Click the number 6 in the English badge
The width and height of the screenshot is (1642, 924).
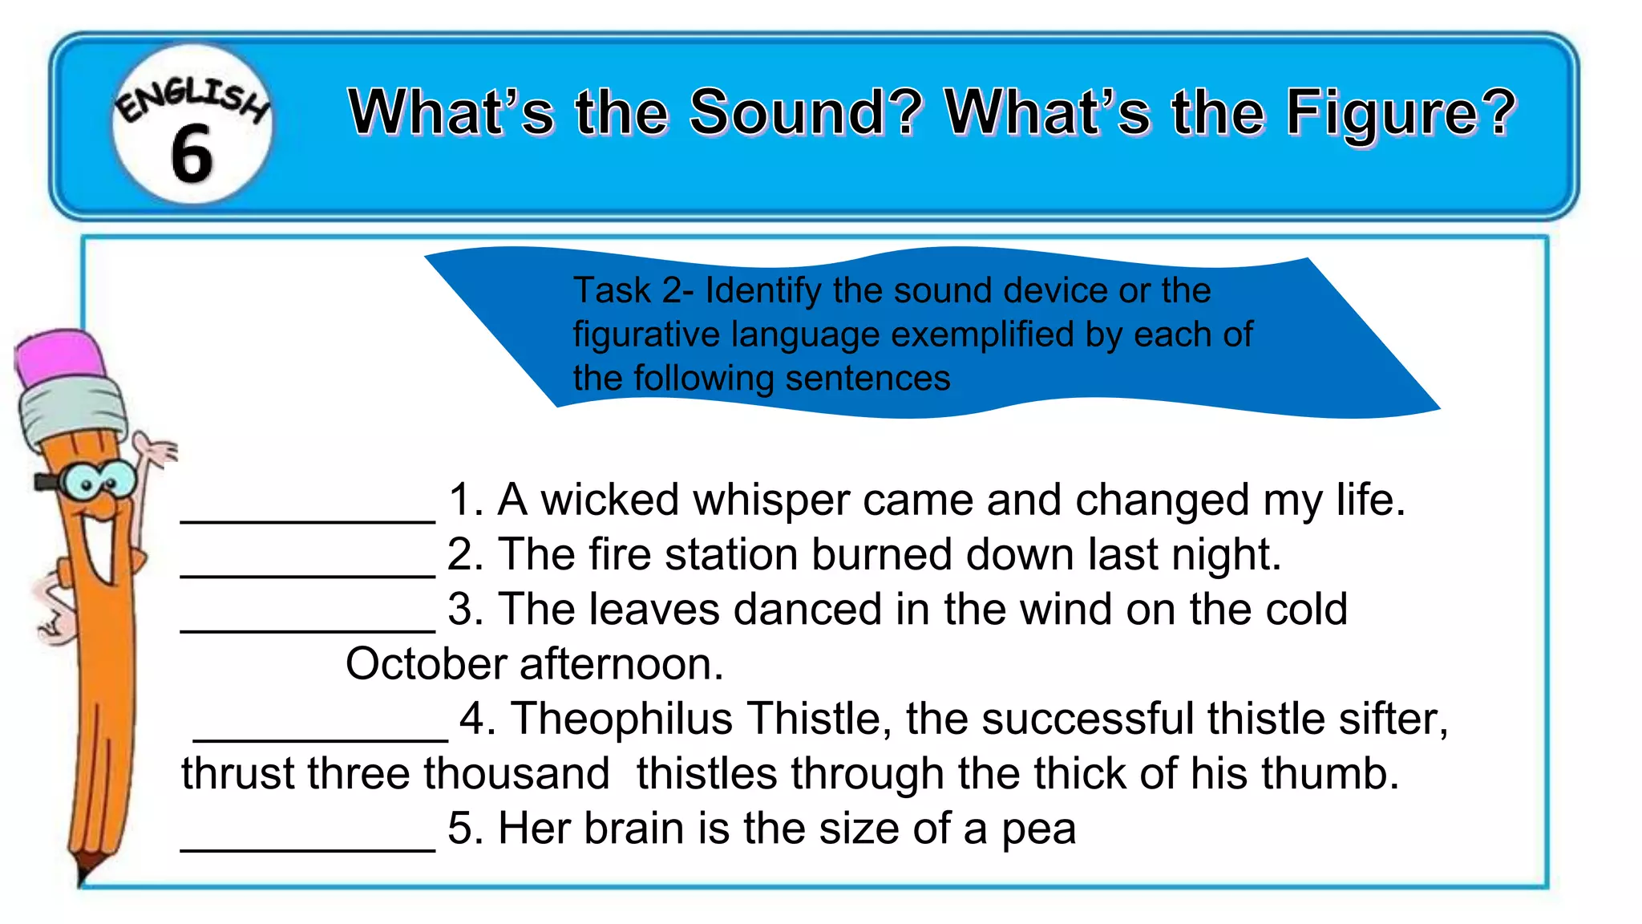coord(192,153)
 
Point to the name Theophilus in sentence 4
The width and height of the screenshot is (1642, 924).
coord(621,719)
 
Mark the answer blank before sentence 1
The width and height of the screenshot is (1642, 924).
coord(308,520)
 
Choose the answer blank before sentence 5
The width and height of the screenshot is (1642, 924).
coord(308,848)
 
